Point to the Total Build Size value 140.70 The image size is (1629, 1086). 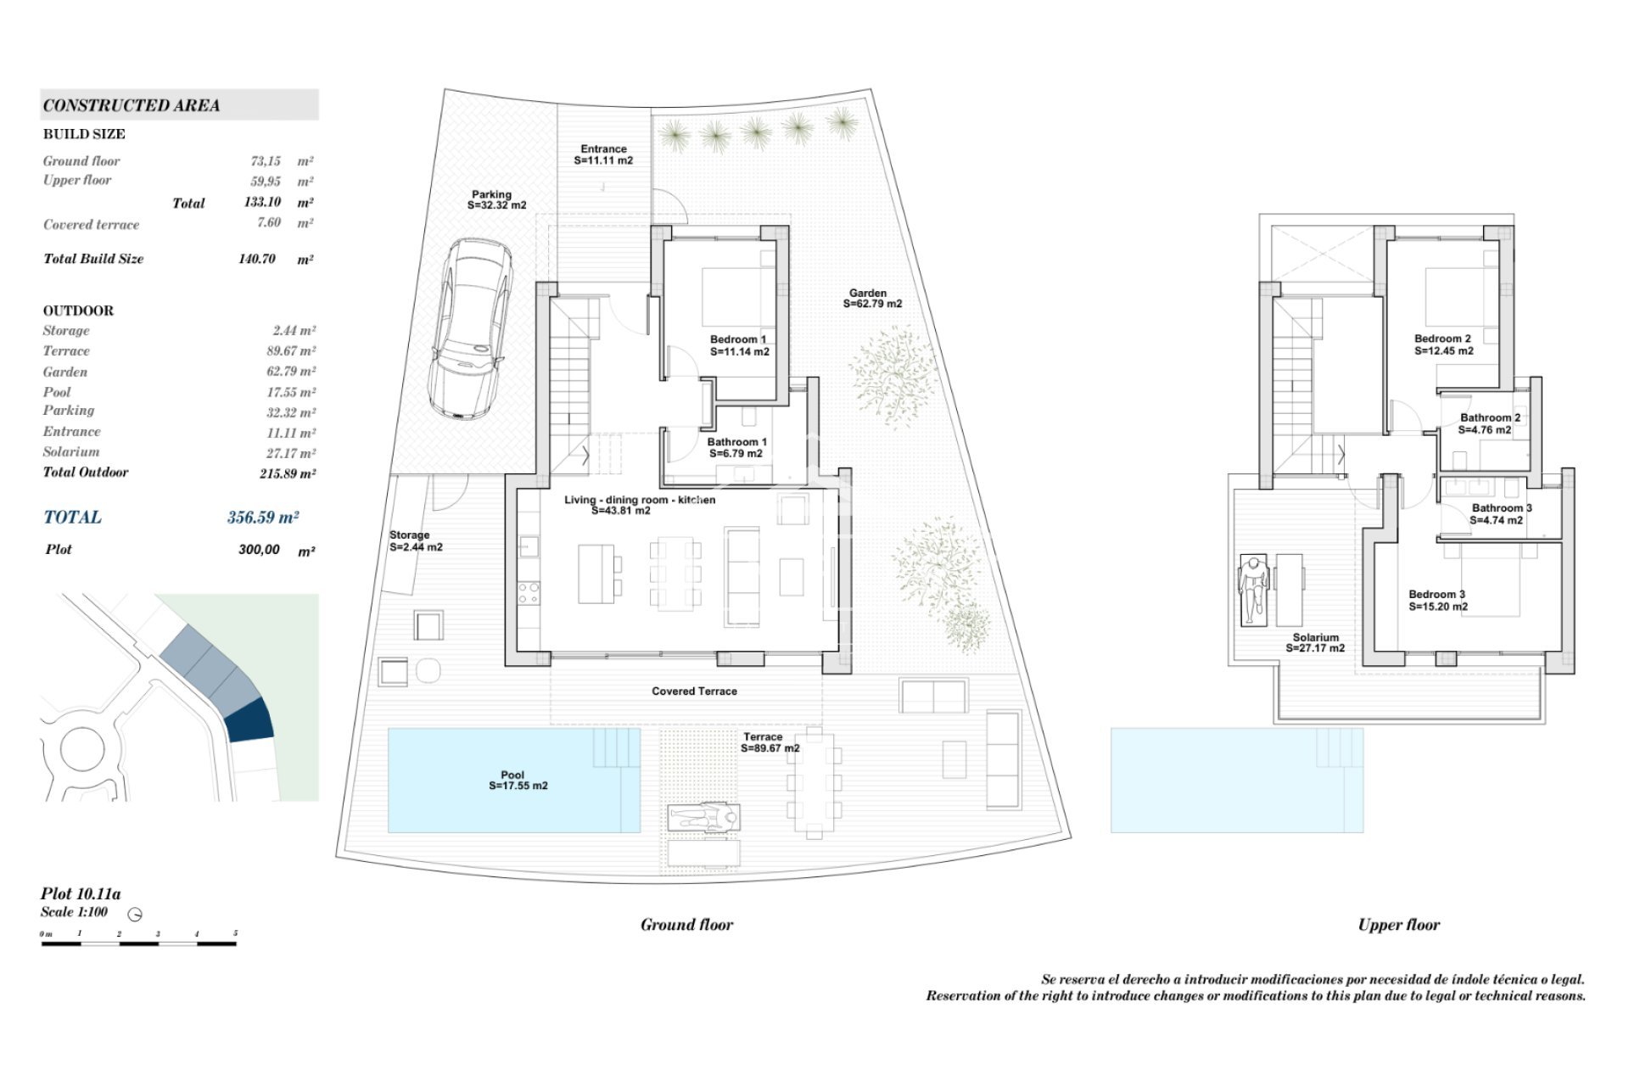point(256,259)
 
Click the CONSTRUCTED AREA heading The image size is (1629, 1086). point(132,105)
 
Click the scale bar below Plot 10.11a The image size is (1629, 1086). point(139,943)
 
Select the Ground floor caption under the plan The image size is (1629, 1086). point(686,925)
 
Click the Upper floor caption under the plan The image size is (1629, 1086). point(1398,925)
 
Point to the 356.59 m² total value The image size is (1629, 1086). point(262,517)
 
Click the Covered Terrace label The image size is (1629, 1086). point(694,691)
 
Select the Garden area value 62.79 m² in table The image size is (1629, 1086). point(290,372)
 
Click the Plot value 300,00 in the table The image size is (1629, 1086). point(259,550)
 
